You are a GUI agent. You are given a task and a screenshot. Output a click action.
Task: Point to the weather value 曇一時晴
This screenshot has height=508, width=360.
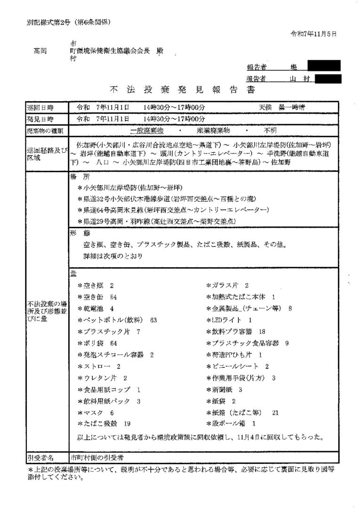pyautogui.click(x=291, y=107)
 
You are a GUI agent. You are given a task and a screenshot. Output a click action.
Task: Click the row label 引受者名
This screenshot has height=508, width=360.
pyautogui.click(x=40, y=457)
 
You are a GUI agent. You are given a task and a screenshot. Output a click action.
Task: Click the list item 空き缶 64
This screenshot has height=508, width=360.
pyautogui.click(x=100, y=297)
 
